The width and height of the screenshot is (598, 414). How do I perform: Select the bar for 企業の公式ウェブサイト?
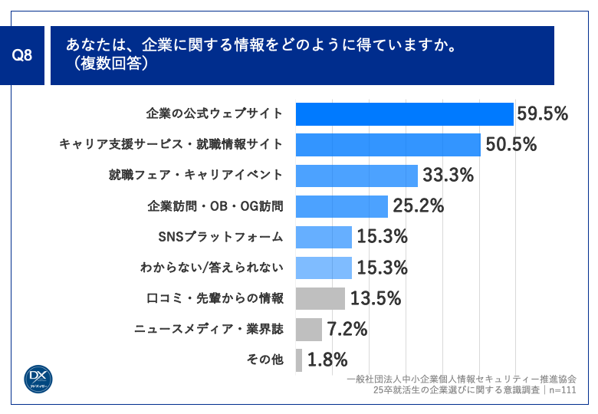click(404, 114)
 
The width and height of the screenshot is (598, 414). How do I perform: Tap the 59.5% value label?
click(542, 114)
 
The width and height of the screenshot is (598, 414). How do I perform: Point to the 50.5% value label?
click(510, 145)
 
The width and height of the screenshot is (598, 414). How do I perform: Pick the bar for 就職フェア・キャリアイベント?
click(356, 176)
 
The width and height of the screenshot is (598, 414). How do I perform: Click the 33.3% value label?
click(448, 176)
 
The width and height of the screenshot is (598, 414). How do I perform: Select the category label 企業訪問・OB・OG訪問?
click(215, 206)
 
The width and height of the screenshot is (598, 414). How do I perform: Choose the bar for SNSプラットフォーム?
click(323, 237)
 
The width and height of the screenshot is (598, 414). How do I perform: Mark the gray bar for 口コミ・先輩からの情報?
click(320, 298)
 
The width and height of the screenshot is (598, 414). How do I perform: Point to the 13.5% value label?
click(376, 298)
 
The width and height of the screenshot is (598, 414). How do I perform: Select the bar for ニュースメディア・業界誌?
click(308, 330)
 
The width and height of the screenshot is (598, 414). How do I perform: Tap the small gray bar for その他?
click(298, 360)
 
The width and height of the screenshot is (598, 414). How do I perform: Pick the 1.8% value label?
click(327, 360)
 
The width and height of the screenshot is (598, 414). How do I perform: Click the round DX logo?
click(36, 377)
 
